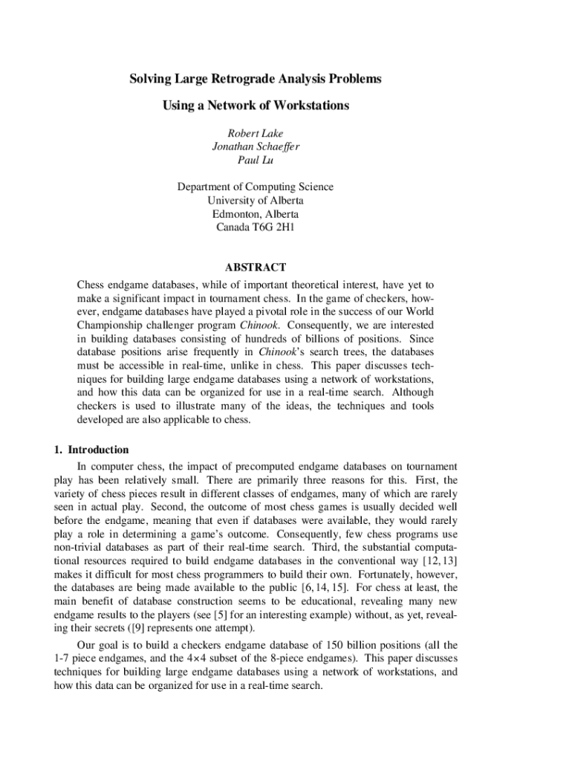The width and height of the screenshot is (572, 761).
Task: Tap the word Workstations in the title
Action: [312, 106]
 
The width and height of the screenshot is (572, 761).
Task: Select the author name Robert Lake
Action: [255, 134]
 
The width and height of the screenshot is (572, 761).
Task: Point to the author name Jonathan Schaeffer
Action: [255, 147]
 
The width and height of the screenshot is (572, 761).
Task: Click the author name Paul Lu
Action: [255, 161]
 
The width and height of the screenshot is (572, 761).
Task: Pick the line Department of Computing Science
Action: [255, 187]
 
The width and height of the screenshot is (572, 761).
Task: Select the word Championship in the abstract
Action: [109, 326]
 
